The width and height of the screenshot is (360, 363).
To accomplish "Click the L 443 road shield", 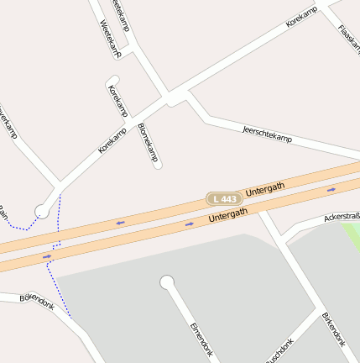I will point(225,198).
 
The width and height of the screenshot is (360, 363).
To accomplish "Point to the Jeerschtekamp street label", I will point(266,133).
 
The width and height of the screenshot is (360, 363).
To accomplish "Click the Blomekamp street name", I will point(147,142).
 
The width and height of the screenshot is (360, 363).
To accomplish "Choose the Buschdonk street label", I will point(280,351).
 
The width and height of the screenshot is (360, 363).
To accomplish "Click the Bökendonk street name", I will point(36,302).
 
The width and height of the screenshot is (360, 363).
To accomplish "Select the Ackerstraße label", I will point(342,217).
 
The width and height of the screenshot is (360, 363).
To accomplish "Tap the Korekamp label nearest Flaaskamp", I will point(303,17).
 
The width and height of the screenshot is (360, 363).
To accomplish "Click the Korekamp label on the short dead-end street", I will point(117,101).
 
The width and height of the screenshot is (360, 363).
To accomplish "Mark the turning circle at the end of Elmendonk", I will point(167,282).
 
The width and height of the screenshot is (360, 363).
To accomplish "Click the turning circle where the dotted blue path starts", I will point(41,212).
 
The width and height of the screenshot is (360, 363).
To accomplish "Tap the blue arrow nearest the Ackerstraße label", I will point(331,190).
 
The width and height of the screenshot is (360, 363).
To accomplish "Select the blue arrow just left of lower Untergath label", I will point(189,224).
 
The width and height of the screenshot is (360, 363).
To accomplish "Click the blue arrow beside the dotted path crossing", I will point(47,255).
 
